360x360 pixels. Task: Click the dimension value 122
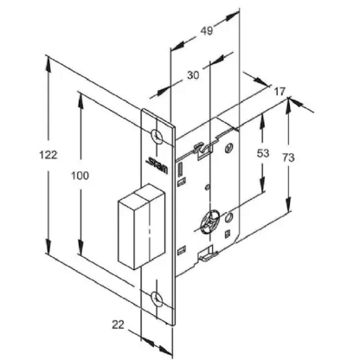click(48, 155)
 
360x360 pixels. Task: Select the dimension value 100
click(80, 176)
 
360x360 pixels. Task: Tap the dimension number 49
click(207, 30)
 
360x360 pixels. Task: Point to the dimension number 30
click(193, 75)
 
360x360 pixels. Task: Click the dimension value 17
click(280, 92)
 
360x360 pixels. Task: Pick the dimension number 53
click(263, 153)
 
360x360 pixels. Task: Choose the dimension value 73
click(288, 157)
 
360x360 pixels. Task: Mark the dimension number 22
click(118, 325)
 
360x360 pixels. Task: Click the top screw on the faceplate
click(157, 136)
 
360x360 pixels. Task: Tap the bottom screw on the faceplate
click(157, 299)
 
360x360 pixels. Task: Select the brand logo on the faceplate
click(157, 165)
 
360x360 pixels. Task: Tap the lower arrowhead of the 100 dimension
click(80, 248)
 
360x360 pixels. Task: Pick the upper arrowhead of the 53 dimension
click(262, 121)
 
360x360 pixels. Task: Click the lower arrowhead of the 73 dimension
click(288, 205)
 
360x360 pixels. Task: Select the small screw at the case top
click(229, 148)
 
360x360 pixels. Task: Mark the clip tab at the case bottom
click(207, 254)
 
